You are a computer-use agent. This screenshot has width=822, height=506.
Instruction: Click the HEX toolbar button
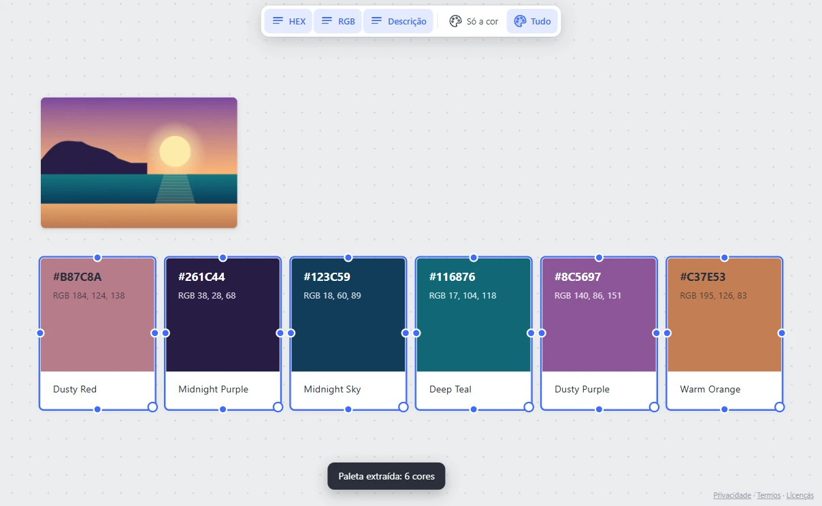click(x=289, y=21)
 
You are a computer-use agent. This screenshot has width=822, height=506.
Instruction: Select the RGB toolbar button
click(x=338, y=21)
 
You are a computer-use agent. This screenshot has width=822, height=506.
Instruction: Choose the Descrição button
click(x=398, y=21)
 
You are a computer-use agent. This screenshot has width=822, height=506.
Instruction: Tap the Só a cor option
click(x=474, y=21)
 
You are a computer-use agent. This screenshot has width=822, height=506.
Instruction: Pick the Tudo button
click(x=532, y=21)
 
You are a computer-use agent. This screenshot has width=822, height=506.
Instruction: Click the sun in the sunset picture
click(x=175, y=152)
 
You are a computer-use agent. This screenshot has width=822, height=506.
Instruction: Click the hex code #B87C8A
click(x=77, y=277)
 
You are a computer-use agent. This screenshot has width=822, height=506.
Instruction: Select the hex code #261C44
click(x=201, y=277)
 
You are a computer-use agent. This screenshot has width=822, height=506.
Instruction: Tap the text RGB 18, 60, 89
click(x=332, y=296)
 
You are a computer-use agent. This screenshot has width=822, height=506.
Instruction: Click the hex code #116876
click(x=452, y=277)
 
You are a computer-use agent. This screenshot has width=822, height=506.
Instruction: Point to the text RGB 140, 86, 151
click(x=587, y=296)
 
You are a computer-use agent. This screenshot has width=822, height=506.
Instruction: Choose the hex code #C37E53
click(x=703, y=277)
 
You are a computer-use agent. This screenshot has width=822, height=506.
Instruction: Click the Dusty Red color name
click(x=75, y=389)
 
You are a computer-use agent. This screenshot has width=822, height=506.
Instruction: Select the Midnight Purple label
click(x=213, y=389)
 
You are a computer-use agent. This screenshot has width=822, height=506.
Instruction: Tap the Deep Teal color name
click(x=450, y=389)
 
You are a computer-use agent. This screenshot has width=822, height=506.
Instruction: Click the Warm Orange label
click(x=710, y=389)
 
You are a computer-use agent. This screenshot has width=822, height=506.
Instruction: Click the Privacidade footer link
click(x=732, y=495)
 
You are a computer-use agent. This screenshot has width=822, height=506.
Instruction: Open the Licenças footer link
click(x=800, y=495)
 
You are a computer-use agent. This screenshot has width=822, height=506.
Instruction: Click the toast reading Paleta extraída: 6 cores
click(x=387, y=476)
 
